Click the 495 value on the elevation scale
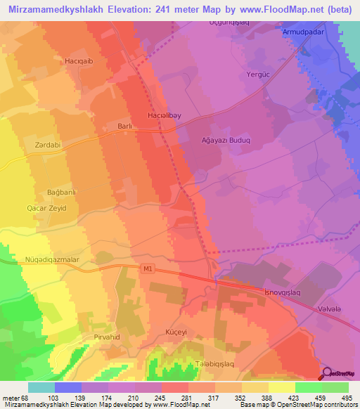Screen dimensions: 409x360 click(347, 398)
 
